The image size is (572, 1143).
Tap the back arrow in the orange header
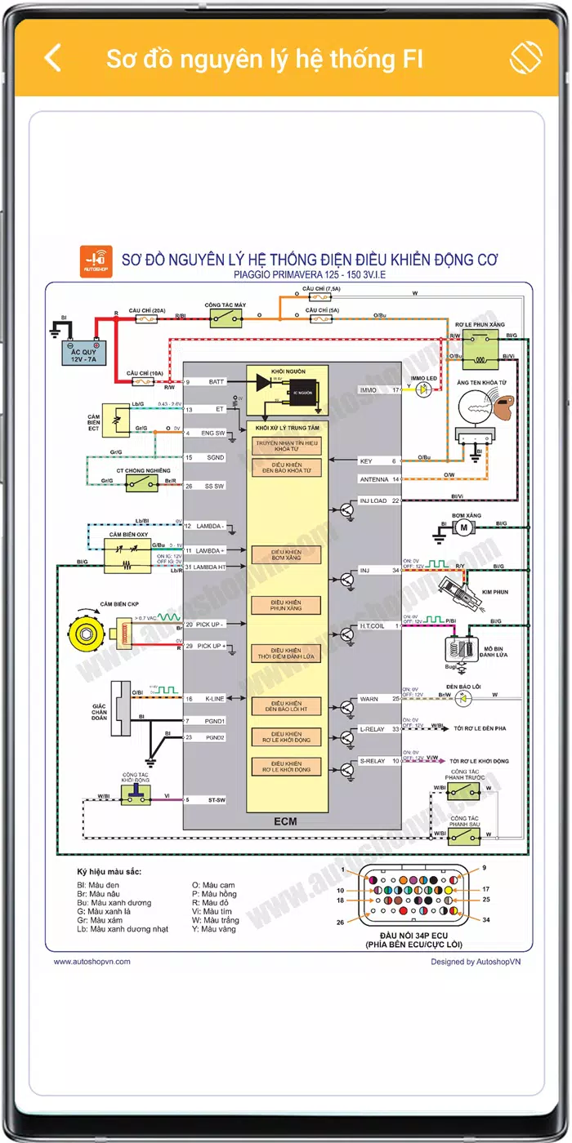[x=52, y=58]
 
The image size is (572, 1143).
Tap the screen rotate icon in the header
[x=526, y=58]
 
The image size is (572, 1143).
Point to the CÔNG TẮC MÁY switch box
[x=226, y=318]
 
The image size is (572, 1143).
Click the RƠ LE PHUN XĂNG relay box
[x=480, y=349]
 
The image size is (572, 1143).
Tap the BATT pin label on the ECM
[x=217, y=382]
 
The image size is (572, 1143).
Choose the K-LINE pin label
[x=215, y=699]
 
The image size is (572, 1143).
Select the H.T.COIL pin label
[x=372, y=626]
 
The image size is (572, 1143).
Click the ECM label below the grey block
[x=285, y=821]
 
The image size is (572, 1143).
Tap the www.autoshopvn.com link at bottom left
[x=92, y=962]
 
